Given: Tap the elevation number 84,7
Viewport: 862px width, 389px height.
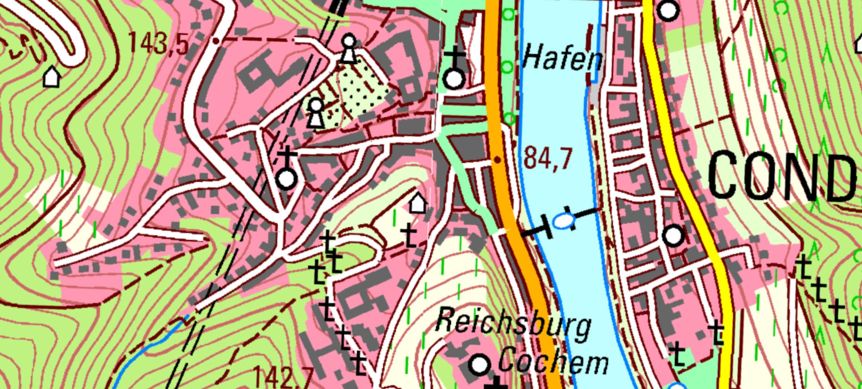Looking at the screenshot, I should [548, 159].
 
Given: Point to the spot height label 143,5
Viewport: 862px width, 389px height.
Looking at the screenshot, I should [158, 42].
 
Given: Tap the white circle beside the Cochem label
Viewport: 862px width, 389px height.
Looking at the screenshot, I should [480, 364].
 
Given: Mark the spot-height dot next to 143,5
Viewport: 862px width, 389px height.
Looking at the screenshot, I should [216, 41].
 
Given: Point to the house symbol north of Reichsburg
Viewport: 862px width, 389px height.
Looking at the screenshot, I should [418, 203].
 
